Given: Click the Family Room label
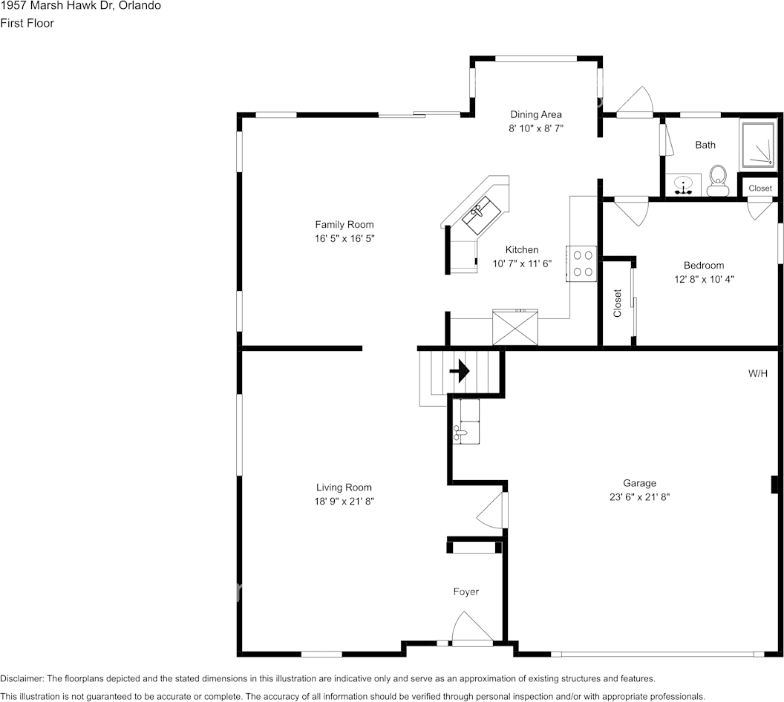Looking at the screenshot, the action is coord(344,225).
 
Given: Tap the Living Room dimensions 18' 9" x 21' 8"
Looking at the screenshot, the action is coord(344,501).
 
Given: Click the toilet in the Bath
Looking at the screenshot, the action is coord(719,181).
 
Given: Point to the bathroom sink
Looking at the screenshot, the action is coord(683,185).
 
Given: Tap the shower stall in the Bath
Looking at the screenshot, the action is coord(758,145).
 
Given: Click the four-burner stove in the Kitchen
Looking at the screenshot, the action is coord(581,264).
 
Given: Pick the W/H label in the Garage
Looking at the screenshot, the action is coord(757,373).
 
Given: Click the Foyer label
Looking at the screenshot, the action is coord(466,592).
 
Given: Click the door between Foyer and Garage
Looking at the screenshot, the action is coord(492,510).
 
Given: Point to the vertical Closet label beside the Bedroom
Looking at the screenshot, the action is coord(617,303).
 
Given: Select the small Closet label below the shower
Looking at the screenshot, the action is coord(760,188).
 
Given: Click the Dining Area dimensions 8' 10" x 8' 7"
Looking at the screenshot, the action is coord(536,128).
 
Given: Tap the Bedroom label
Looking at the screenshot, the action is coord(704,266).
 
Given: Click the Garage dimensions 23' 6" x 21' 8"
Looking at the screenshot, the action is coord(639,497).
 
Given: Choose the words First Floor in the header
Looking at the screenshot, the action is coord(27,23).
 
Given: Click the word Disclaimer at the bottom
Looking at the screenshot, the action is coord(22,678).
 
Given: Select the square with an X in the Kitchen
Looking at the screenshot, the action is coord(515,327).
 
